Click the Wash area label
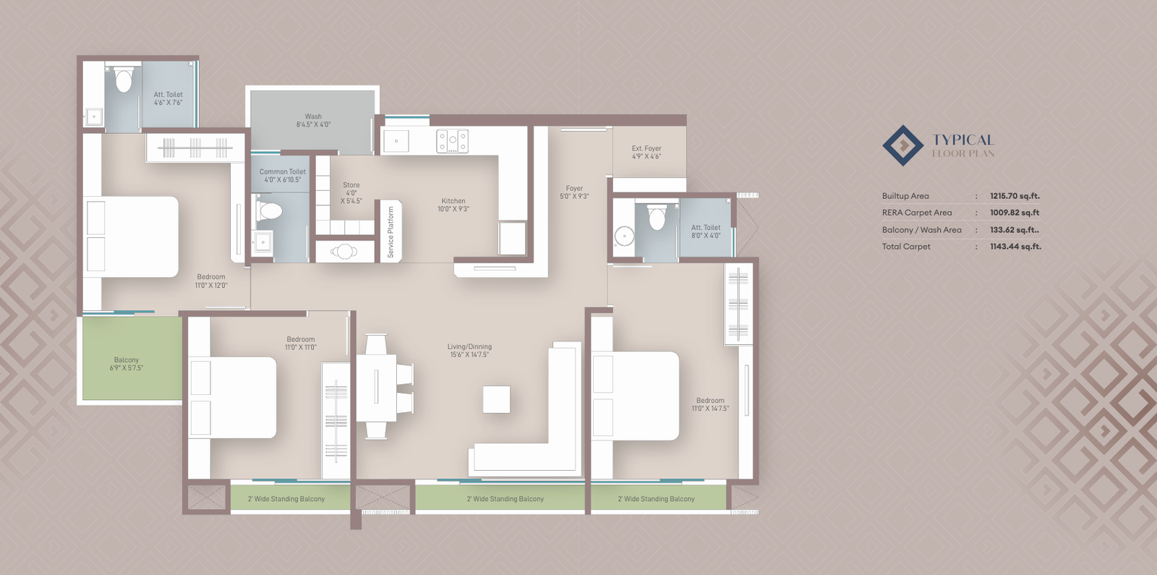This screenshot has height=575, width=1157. point(313,120)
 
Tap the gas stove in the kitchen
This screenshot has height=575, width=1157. point(452,141)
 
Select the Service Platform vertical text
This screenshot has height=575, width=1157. point(390,232)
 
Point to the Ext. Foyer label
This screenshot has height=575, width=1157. point(646,152)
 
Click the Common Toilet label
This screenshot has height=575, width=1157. point(282,176)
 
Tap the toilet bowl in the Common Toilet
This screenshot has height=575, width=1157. point(271,211)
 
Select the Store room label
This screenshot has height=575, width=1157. point(351,193)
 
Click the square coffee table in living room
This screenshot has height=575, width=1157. point(497,399)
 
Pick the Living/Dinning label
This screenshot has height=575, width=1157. point(469,351)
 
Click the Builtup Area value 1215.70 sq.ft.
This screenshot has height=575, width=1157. point(1015,196)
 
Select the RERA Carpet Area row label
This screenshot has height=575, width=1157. point(917,213)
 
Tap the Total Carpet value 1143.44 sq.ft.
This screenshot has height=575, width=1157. point(1015,247)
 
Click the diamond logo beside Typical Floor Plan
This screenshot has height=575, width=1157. point(902,145)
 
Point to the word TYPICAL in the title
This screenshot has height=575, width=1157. point(963,140)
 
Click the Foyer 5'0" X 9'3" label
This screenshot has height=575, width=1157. point(574,192)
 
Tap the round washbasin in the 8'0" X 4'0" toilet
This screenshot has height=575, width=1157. point(624,236)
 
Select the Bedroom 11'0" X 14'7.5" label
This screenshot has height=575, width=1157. point(710,404)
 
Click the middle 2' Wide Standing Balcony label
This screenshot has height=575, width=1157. point(505,499)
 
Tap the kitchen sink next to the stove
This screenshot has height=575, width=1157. point(396,140)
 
